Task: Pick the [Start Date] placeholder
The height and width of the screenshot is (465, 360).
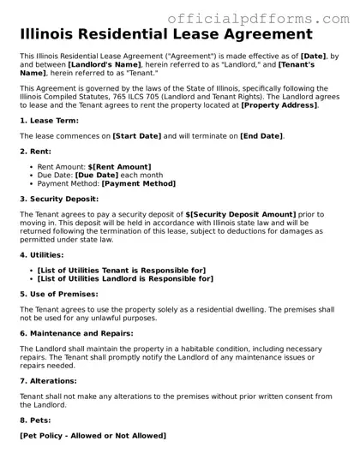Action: pos(139,135)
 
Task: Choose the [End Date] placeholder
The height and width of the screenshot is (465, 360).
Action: pos(261,135)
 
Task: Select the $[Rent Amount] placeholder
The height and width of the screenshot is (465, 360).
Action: pos(119,166)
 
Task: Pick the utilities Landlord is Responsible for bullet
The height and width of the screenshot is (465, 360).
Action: pos(125,278)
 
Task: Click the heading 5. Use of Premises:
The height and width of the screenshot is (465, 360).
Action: pos(62,293)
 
